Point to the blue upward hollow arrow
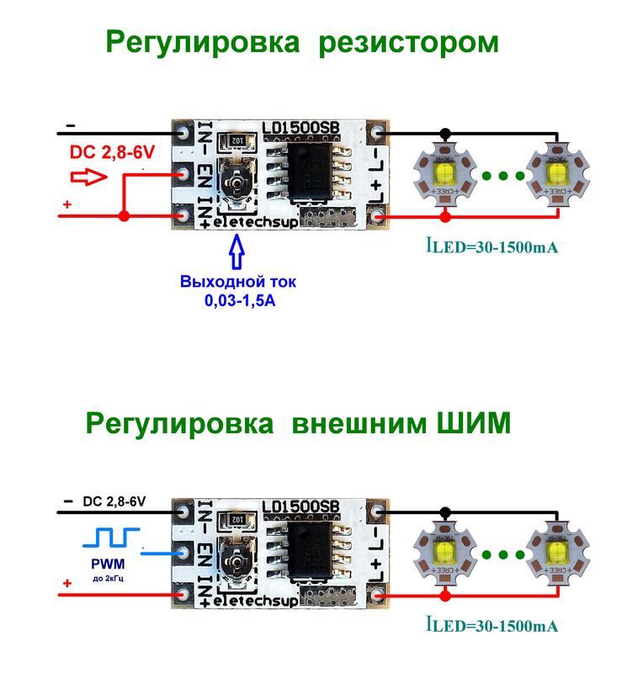(237, 253)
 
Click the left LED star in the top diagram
(445, 176)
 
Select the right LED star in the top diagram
(555, 176)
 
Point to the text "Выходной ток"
(238, 282)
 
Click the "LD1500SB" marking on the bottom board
(300, 506)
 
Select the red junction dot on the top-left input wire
(124, 217)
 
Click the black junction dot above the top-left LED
(445, 133)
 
